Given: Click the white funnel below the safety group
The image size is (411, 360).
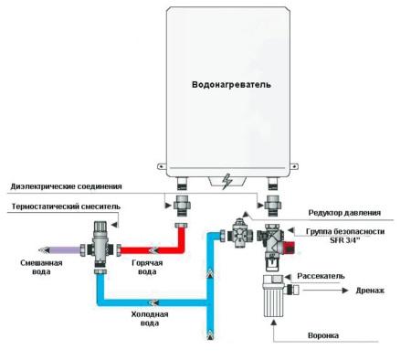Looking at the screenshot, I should (275, 297).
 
